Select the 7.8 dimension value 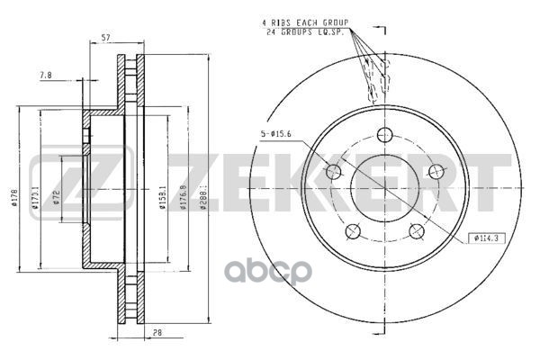(x=45, y=76)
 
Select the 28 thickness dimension (x=157, y=332)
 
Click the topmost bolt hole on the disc (x=385, y=135)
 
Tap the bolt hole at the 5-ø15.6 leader (x=333, y=172)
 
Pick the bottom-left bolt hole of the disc (x=352, y=232)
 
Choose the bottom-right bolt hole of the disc (x=417, y=232)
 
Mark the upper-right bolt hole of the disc (x=436, y=171)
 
